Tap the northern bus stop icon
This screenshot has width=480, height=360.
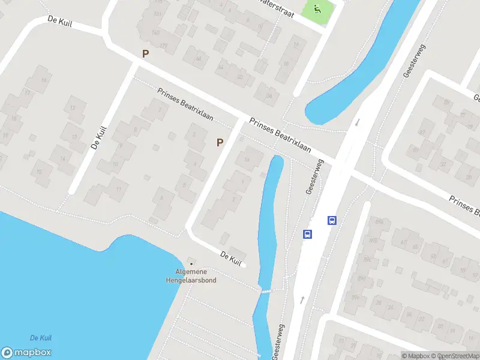[x=332, y=220]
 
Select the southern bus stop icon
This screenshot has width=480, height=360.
[x=307, y=234]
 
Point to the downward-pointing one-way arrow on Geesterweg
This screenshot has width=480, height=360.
[x=358, y=122]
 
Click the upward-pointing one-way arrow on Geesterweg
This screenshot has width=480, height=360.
[x=302, y=299]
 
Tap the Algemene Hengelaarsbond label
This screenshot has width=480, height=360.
[x=191, y=276]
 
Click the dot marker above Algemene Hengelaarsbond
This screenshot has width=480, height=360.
[x=191, y=263]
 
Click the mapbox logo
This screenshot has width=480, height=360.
[x=26, y=353]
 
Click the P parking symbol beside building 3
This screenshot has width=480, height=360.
[x=220, y=142]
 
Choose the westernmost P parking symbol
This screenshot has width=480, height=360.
[x=145, y=54]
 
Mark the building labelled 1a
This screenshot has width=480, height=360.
[x=246, y=158]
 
